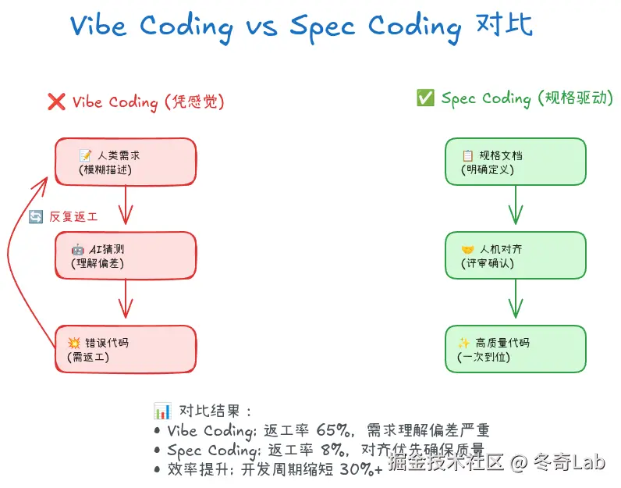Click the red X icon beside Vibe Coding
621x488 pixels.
56,102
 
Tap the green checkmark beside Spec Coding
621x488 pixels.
425,98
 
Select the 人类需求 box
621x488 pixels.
125,162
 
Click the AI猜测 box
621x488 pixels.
125,255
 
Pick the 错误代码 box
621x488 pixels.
125,349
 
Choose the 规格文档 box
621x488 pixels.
515,162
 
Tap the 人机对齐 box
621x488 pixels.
515,255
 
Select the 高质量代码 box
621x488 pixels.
515,349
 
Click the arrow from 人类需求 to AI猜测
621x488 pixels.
126,208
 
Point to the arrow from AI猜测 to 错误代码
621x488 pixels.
126,302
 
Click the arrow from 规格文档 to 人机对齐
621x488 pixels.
515,208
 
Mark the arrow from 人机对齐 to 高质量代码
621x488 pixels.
515,302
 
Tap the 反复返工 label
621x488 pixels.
73,216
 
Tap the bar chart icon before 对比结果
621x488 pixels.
162,411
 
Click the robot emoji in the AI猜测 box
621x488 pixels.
78,249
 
